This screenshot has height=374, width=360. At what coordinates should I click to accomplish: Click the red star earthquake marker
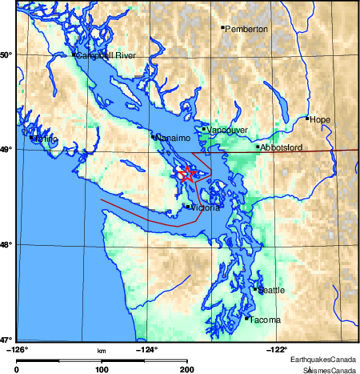(x=186, y=173)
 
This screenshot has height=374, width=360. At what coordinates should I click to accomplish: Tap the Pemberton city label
(x=247, y=30)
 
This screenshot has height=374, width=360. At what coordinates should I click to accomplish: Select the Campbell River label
(x=106, y=55)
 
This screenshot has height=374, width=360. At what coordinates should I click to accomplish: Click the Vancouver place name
(x=227, y=130)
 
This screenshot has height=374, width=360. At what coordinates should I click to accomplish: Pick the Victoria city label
(x=205, y=208)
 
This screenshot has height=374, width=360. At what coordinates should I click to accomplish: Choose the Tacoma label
(x=265, y=320)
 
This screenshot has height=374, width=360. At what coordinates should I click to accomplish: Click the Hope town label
(x=319, y=119)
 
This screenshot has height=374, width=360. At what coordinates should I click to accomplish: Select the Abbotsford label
(x=280, y=148)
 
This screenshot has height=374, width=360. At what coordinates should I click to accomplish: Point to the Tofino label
(x=46, y=139)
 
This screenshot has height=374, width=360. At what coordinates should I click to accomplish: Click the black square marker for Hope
(x=307, y=118)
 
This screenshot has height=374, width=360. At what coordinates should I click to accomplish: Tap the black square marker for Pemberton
(x=223, y=27)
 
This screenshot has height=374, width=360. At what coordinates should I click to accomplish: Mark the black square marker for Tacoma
(x=246, y=318)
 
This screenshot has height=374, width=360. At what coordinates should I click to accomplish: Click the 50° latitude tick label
(x=7, y=55)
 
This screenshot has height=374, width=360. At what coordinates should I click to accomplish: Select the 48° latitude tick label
(x=7, y=245)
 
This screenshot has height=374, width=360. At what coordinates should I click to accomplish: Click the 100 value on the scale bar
(x=102, y=369)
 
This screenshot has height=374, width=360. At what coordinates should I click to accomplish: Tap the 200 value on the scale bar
(x=186, y=369)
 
